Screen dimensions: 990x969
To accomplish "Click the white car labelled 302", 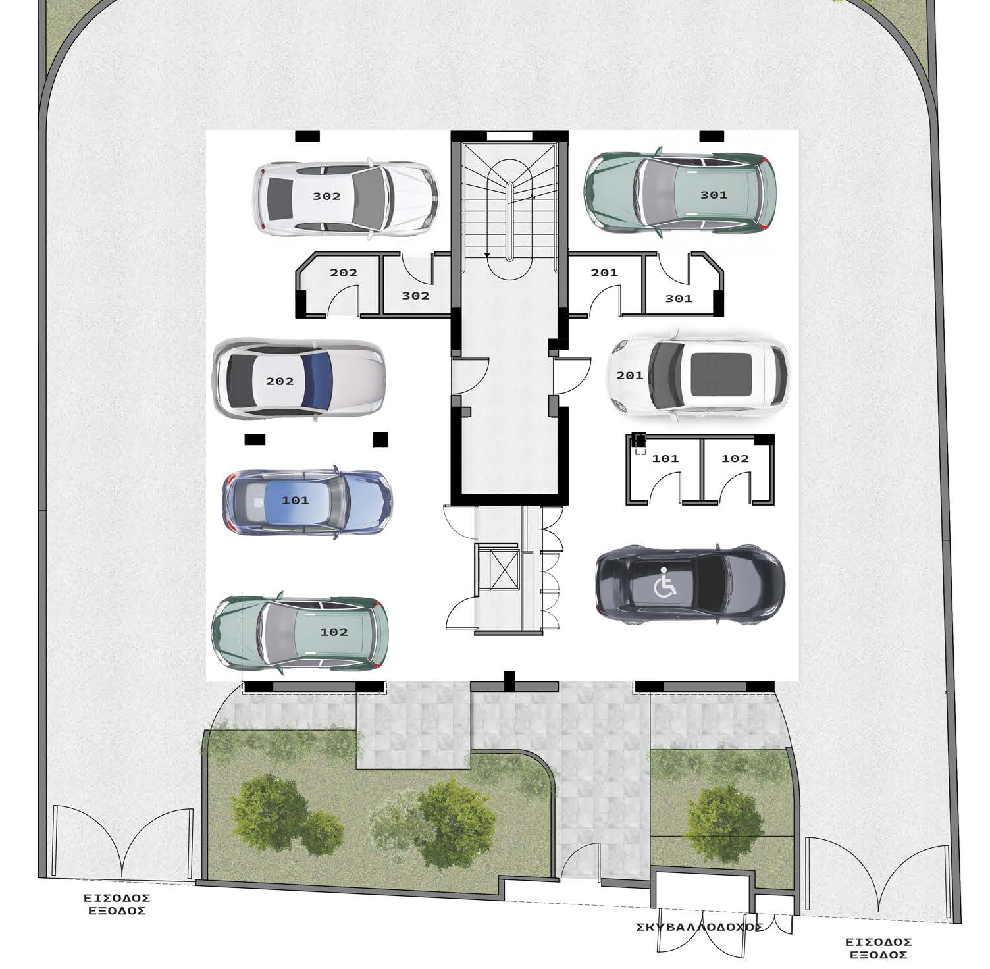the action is coord(345,197).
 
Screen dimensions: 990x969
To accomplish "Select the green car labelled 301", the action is coord(681,192).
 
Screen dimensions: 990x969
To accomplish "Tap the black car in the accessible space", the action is coord(690,585).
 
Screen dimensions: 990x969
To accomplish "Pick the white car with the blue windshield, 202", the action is coord(300,380).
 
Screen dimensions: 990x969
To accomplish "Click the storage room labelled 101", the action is coord(663,470).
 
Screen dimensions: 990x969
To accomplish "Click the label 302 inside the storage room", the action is coord(415,296).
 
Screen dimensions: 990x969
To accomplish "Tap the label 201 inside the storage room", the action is coord(604,272).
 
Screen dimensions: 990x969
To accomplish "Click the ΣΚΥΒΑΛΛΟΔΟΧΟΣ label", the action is coord(700,927).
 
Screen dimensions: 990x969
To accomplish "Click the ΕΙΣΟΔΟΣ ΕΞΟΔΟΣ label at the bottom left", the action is coord(117,904).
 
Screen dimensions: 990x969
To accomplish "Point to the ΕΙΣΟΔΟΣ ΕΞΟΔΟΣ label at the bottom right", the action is coord(878,949).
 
